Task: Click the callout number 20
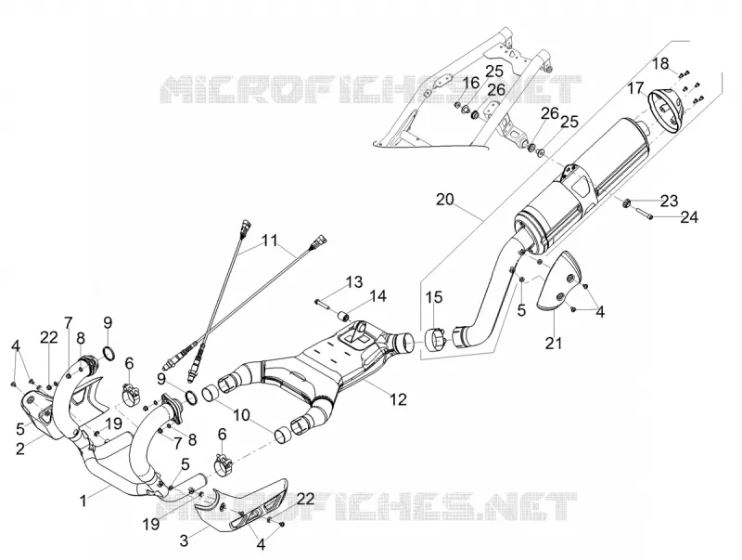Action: coord(444,200)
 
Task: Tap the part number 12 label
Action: coord(398,399)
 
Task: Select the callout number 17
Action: coord(636,88)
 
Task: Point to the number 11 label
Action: coord(269,241)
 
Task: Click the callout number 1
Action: coord(83,501)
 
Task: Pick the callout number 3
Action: coord(184,540)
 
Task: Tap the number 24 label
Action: coord(689,217)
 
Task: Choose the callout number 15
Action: coord(433,297)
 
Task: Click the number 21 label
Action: coord(553,343)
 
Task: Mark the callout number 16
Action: coord(471,83)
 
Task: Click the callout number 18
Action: coord(661,63)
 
